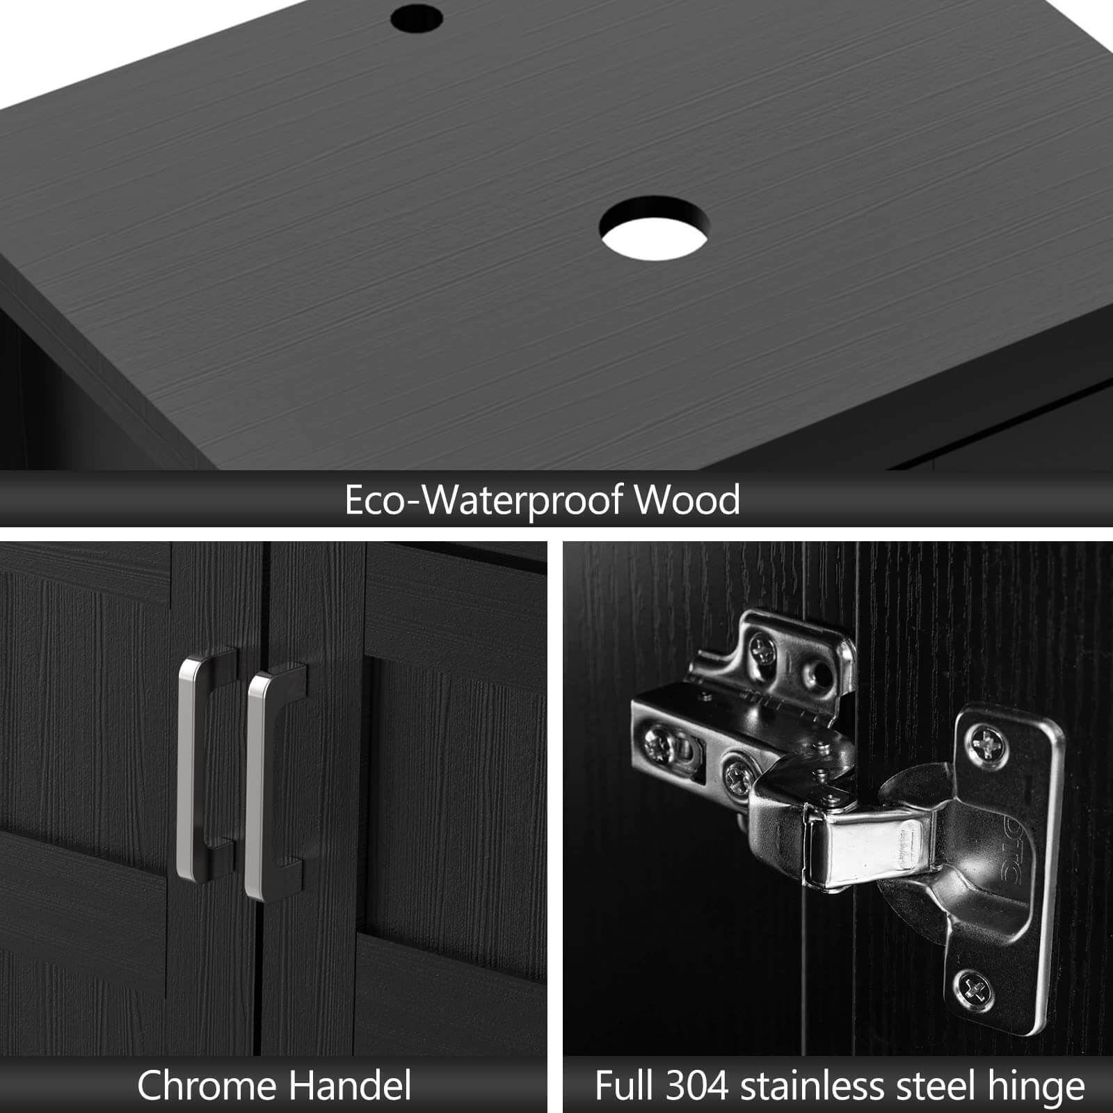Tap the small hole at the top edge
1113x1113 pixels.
(x=417, y=17)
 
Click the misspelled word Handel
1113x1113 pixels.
(x=351, y=1086)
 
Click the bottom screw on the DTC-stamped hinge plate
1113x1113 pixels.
(x=973, y=986)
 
